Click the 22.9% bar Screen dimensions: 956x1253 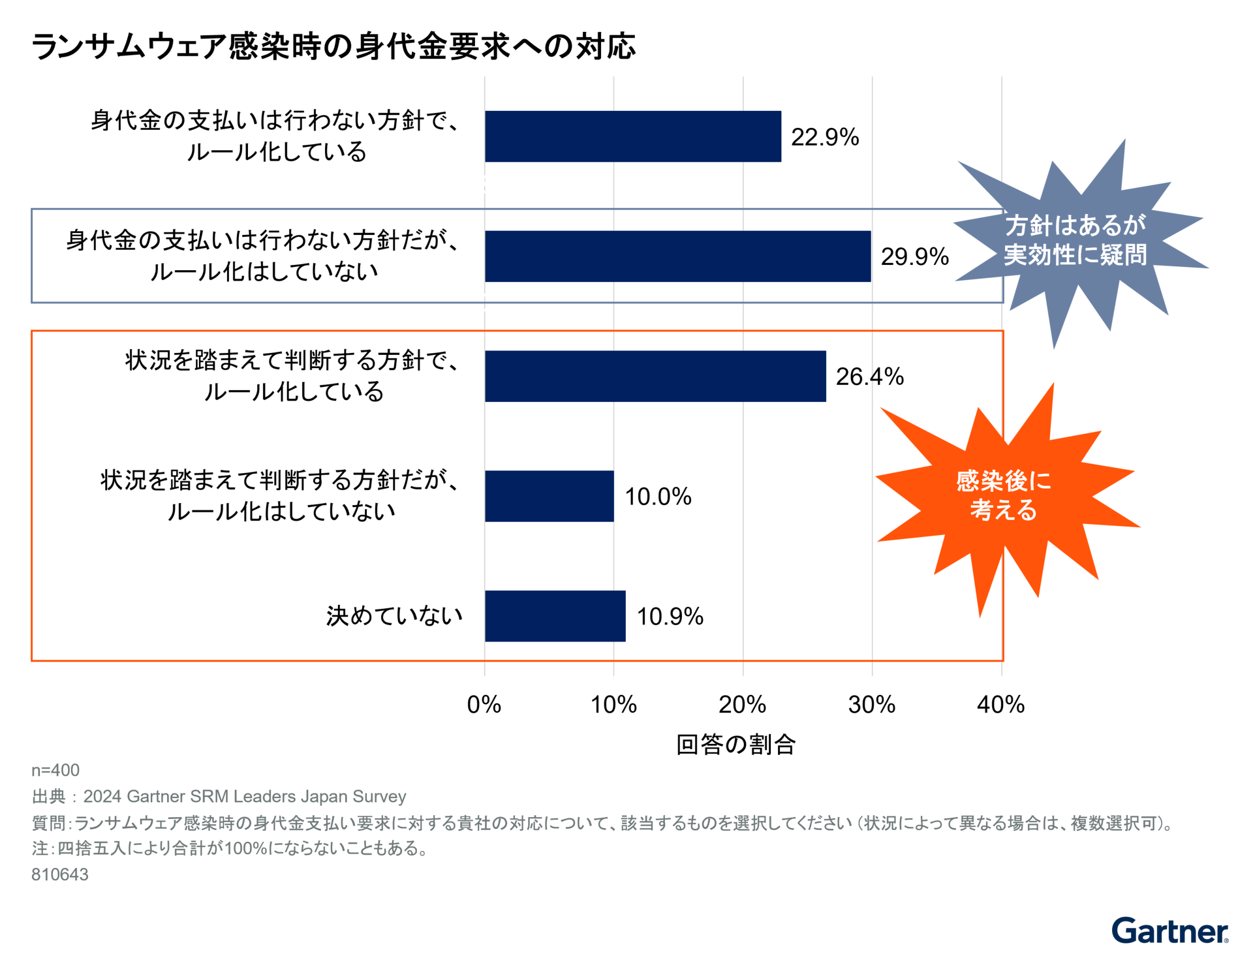(632, 136)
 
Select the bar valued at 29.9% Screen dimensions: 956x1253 (677, 256)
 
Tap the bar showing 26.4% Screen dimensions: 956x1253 (655, 377)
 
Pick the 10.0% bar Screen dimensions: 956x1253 (549, 496)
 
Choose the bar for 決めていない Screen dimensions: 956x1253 (555, 616)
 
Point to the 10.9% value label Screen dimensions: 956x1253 (670, 617)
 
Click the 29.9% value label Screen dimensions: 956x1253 (914, 257)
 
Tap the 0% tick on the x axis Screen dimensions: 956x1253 (484, 705)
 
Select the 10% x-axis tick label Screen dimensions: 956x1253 (613, 705)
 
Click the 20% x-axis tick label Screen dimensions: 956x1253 (742, 705)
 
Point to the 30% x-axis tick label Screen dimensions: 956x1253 (871, 705)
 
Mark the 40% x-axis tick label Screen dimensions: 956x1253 (1000, 705)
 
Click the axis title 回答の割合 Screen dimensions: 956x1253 (735, 745)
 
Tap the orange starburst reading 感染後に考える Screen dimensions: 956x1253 (1004, 496)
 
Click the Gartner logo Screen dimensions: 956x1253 (1169, 931)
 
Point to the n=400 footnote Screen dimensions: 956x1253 (55, 771)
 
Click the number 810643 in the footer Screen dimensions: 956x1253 (60, 874)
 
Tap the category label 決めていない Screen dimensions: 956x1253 (394, 616)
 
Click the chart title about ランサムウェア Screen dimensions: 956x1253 (333, 47)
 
